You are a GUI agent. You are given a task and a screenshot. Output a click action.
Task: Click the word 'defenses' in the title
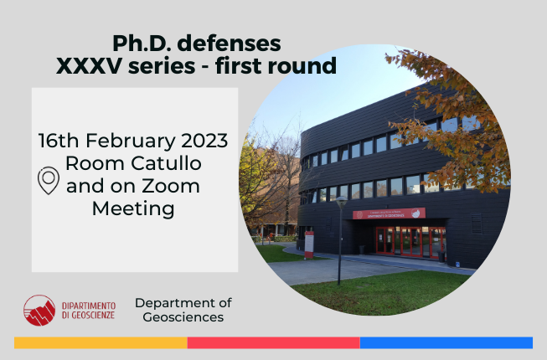[229, 44]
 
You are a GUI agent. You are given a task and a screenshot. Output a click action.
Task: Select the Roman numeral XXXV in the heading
[90, 66]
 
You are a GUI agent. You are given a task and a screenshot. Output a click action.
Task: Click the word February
[131, 141]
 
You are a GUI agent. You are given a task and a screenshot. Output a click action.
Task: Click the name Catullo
[166, 163]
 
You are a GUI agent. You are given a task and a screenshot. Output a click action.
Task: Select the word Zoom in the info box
[171, 186]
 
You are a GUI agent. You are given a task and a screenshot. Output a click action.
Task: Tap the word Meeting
[133, 208]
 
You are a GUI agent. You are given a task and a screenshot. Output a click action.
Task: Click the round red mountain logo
[39, 310]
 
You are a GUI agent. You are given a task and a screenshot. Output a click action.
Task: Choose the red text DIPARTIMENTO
[89, 306]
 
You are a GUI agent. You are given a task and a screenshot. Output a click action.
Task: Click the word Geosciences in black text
[183, 317]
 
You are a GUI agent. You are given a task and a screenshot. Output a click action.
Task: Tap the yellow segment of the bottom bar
[101, 342]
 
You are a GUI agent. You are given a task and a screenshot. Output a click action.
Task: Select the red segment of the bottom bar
[273, 342]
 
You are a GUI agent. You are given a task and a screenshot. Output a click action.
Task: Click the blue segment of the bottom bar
[446, 342]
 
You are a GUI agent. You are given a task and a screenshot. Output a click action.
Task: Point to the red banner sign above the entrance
[389, 213]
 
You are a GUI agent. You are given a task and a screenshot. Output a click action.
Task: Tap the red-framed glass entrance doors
[411, 242]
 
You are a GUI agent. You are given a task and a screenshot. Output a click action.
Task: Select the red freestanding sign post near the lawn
[309, 244]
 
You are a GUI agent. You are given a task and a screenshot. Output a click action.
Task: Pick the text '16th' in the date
[59, 141]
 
